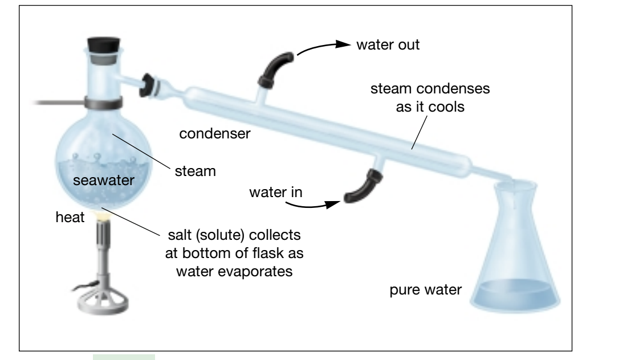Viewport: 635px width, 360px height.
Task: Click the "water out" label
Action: [388, 45]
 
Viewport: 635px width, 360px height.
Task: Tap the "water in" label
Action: [275, 193]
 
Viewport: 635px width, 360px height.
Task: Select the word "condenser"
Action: [215, 134]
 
